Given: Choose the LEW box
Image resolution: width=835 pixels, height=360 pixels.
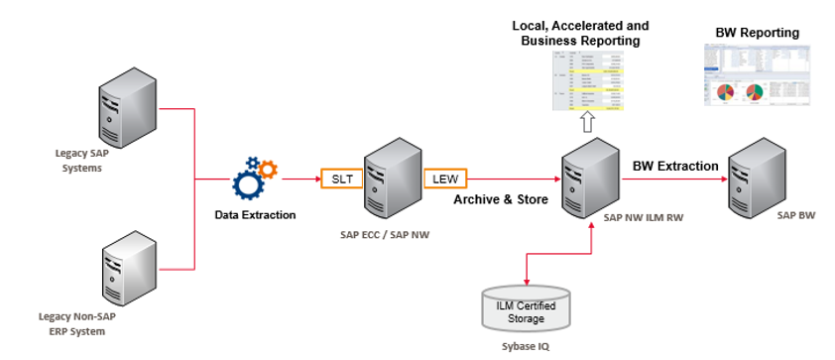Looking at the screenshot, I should point(441,180).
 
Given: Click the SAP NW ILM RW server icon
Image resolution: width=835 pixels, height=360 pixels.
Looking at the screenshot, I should point(586,175).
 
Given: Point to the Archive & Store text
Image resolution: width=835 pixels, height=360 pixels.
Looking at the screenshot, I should point(500,199).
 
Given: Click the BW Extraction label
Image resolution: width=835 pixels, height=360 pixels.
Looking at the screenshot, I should point(675,166).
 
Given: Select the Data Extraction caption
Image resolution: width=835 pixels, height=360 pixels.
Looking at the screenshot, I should point(255,214).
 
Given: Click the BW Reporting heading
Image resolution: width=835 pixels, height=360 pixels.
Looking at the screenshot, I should point(757,33).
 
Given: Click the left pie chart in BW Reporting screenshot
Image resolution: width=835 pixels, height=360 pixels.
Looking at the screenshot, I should point(725,93).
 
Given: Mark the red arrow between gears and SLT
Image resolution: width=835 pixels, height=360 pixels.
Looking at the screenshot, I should point(300,180).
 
